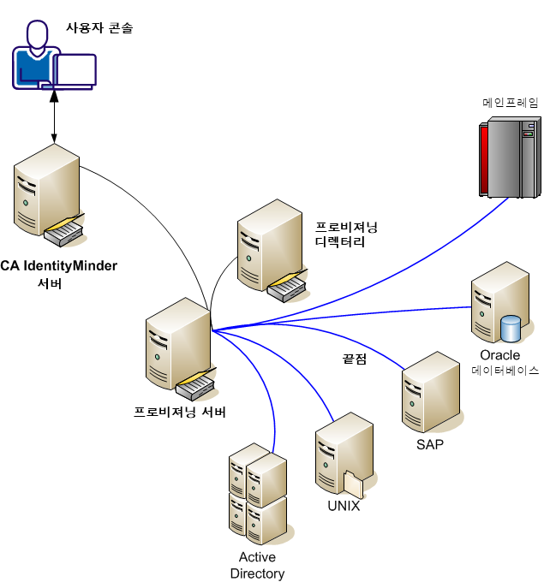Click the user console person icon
pos(34,56)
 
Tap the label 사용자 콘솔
pos(100,28)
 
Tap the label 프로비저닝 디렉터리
pos(347,235)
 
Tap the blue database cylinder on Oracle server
pos(511,328)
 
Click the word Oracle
pos(499,355)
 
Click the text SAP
pos(429,444)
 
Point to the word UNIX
pos(344,506)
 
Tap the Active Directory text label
pos(257,566)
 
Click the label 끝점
pos(355,359)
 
